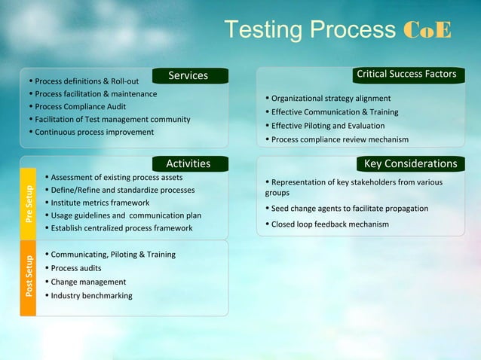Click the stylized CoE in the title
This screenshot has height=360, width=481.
coord(427,30)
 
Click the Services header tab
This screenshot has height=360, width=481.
coord(188,75)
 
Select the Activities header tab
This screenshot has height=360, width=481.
coord(188,163)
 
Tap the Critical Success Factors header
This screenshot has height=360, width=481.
coord(406,75)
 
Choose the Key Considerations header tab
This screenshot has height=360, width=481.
coord(411,163)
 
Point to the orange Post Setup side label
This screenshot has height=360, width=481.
coord(29,276)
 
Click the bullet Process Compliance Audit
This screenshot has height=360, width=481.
coord(80,106)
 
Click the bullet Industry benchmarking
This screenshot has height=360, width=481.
coord(91,295)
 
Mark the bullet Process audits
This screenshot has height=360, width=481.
coord(75,268)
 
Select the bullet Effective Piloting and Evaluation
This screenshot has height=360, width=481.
coord(328,126)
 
